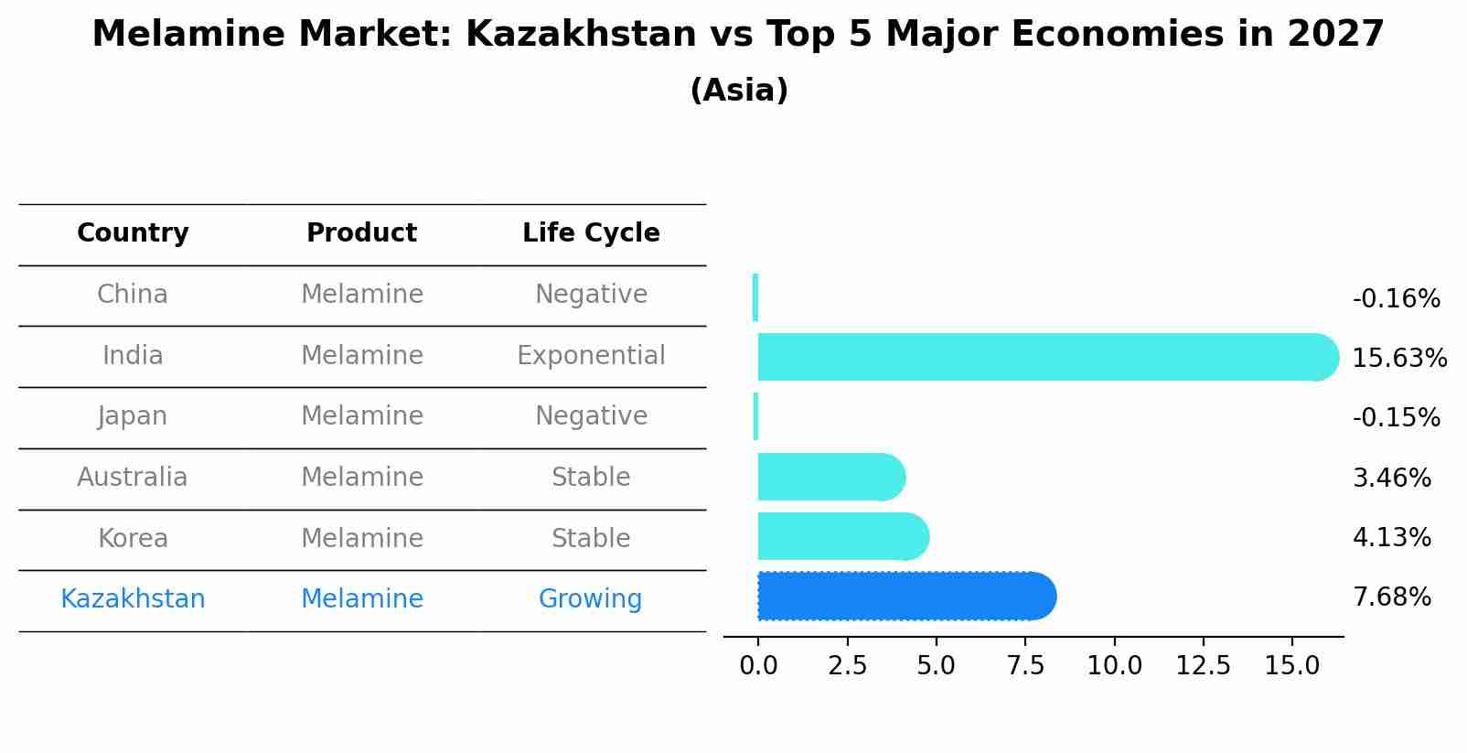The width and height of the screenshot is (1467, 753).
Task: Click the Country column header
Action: pos(133,233)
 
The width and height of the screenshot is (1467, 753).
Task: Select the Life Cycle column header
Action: pos(591,233)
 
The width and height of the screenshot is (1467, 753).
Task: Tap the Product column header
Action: pos(361,233)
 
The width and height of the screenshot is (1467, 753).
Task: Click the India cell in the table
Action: pos(133,355)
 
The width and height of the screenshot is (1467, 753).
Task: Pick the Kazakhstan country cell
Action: pos(133,599)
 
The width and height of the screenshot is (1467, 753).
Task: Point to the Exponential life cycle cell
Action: pos(591,355)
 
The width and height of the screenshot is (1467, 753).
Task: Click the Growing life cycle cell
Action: pos(590,599)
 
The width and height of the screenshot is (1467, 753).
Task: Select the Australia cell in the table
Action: pos(133,478)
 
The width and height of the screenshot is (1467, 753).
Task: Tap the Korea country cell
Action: pos(133,538)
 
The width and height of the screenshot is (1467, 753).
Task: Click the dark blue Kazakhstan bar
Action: pos(905,597)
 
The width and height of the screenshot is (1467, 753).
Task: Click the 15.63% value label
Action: pos(1399,359)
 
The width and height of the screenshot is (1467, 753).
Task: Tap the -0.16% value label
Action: pos(1396,299)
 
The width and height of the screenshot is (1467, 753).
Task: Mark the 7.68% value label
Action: pos(1391,597)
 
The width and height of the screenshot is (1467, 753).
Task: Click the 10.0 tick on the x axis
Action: pos(1114,666)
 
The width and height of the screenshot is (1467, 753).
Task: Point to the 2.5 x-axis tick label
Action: pos(847,666)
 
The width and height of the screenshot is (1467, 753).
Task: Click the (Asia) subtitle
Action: pos(739,91)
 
